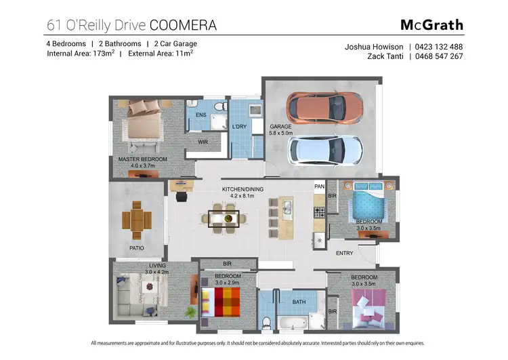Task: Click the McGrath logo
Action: [431, 25]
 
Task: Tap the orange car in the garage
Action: [324, 106]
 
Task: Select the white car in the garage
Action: [326, 151]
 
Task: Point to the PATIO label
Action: [136, 248]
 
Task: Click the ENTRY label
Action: [344, 254]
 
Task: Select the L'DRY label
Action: [239, 127]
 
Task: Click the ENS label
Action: [200, 115]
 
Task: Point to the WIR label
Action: [203, 142]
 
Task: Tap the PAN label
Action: [320, 186]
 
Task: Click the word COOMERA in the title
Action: [183, 26]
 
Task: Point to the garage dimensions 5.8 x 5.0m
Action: [280, 134]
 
